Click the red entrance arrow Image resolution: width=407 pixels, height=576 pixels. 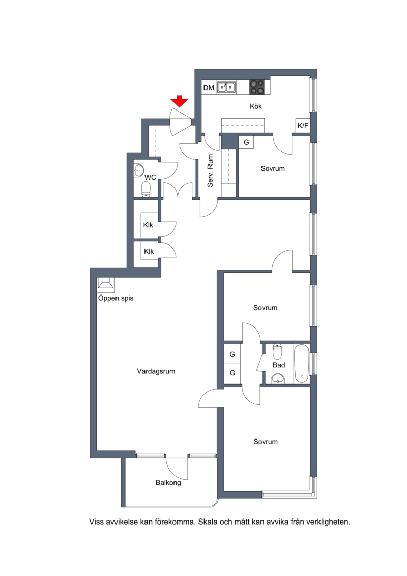[180, 101]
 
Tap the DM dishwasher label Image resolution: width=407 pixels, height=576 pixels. [209, 88]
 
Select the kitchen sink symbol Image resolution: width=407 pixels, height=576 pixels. [226, 87]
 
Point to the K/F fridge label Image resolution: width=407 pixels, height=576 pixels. [303, 126]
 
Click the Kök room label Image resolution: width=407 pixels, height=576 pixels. [256, 106]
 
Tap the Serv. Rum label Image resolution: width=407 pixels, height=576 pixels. [210, 171]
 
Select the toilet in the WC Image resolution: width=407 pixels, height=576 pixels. [146, 189]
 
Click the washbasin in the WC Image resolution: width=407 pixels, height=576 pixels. [139, 170]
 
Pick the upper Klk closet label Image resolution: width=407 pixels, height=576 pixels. [148, 225]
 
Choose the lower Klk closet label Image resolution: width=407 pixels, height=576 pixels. [149, 251]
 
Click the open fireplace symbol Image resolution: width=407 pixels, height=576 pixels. [106, 283]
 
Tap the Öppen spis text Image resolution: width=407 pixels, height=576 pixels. [115, 298]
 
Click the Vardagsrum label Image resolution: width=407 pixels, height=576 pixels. [156, 371]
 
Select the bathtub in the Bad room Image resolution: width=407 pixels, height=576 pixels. [302, 364]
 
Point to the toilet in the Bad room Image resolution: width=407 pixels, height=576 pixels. [277, 351]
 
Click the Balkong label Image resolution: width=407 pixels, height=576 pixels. [168, 483]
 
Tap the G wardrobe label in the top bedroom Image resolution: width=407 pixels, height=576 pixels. [246, 142]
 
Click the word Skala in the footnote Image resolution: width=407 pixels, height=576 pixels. [208, 522]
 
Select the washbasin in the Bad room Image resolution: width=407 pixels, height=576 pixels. [278, 378]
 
